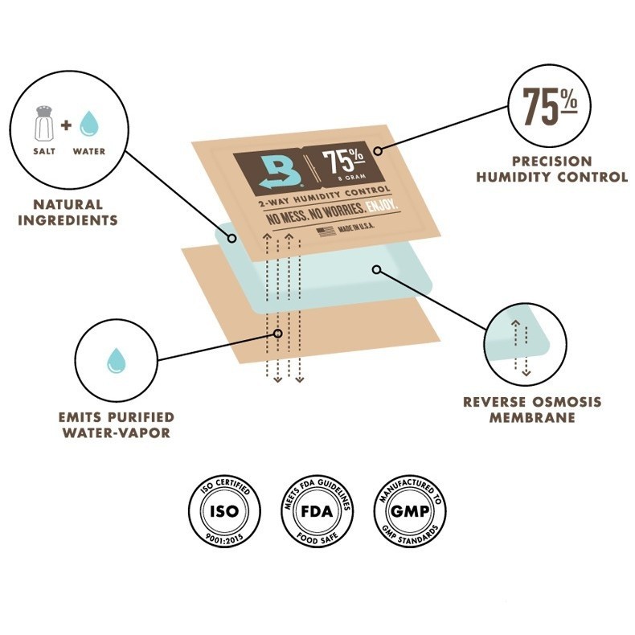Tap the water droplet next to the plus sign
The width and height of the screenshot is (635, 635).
(x=88, y=123)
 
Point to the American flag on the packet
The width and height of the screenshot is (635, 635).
(x=326, y=231)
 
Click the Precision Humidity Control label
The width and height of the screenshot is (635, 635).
(x=551, y=169)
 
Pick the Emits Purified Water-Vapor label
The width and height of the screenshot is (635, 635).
(x=116, y=424)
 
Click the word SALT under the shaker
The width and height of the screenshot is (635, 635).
(x=44, y=151)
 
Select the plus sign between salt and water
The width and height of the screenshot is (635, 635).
(x=66, y=124)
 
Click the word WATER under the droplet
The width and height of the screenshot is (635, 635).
(x=88, y=151)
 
